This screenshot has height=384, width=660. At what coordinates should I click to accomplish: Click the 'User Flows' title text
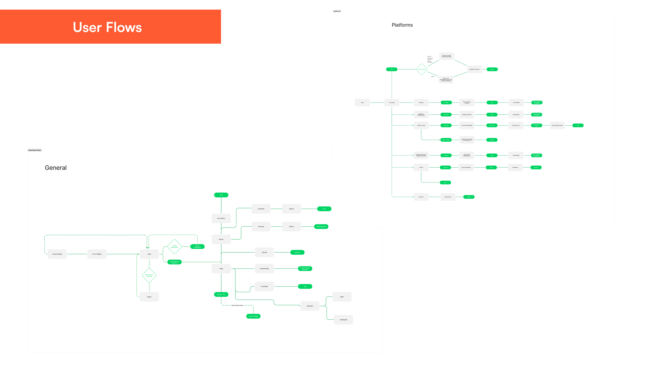tap(107, 27)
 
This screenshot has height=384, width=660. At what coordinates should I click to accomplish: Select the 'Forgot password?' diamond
tap(174, 246)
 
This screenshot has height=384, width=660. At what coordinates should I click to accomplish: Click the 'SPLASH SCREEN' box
tap(57, 254)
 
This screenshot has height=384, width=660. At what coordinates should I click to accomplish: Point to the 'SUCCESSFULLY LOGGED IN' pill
tap(174, 262)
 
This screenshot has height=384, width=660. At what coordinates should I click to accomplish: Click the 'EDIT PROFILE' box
tap(221, 218)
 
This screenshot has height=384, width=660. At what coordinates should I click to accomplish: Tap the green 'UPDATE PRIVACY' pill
tap(321, 227)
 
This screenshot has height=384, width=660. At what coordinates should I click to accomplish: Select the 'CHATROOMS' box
tap(343, 320)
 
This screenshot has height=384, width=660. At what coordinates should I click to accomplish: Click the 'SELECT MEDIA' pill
tap(253, 316)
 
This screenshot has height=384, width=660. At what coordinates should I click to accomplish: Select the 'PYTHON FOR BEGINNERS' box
tap(467, 125)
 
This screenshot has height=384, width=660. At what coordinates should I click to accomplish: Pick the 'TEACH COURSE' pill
tap(446, 140)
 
